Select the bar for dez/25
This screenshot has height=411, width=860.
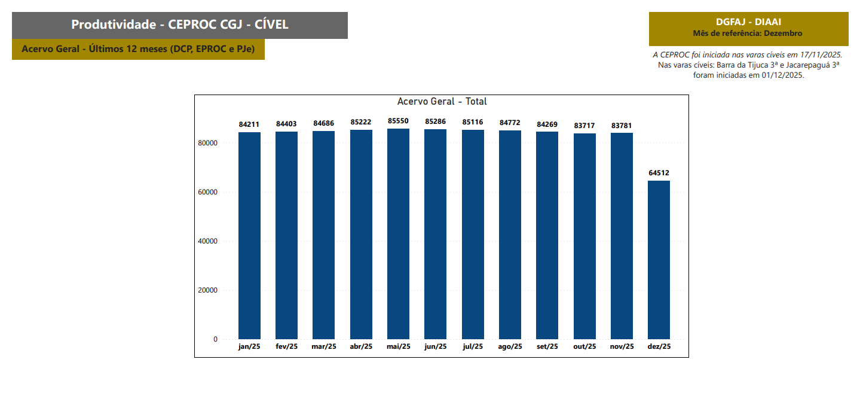pos(659,260)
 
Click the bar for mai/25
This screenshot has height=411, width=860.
pos(398,234)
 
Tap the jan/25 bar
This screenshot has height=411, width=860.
pos(249,236)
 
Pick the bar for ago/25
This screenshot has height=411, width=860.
pos(510,235)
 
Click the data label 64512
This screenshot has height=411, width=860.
pos(659,173)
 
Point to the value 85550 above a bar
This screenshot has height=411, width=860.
pos(398,121)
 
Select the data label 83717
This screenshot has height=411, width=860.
pos(584,126)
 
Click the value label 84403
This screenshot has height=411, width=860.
pos(286,124)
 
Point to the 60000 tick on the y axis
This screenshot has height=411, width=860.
pos(208,192)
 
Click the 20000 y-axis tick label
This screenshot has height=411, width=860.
pos(208,290)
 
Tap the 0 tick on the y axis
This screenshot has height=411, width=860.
pos(215,339)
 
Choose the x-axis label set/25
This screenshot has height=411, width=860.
pos(547,346)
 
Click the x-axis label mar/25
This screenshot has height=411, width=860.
pos(324,346)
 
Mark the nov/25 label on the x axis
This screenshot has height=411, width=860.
pos(622,346)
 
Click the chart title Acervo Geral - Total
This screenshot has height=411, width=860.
pos(442,102)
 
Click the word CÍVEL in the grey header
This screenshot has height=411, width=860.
pos(267,25)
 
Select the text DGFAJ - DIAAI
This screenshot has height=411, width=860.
pos(748,22)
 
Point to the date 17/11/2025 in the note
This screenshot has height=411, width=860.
pos(817,54)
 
